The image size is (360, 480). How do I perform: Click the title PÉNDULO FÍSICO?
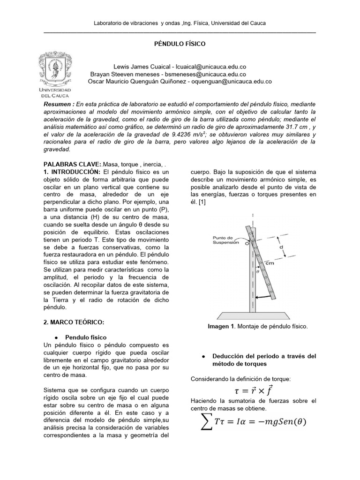(x=180, y=43)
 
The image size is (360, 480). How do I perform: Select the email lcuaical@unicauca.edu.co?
(x=220, y=67)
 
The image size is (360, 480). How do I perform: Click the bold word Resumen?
(x=57, y=104)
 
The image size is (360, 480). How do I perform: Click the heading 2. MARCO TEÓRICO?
(x=73, y=322)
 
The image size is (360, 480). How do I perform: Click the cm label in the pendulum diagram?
(x=270, y=263)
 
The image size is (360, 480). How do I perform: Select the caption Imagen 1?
(x=221, y=327)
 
